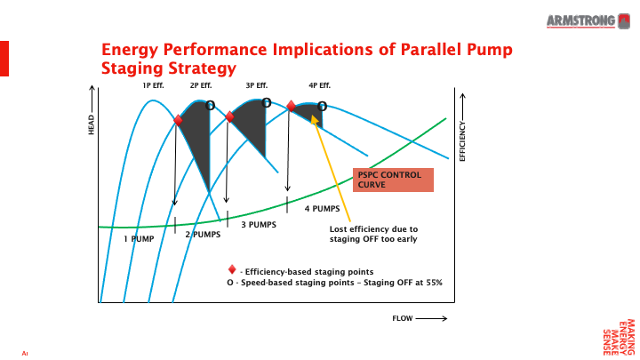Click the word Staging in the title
tap(132, 68)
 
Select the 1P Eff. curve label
tap(154, 85)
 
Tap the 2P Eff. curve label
tap(201, 85)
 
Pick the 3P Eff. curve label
tap(257, 85)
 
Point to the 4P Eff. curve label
tap(320, 85)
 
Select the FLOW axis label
tap(404, 317)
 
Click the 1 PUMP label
tap(139, 238)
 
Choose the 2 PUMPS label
tap(203, 235)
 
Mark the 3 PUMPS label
tap(259, 224)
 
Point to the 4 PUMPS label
tap(323, 209)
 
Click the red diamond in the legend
tap(232, 270)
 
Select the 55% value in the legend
tap(433, 282)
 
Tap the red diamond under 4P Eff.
tap(291, 106)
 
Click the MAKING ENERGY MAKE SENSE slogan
tap(619, 335)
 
